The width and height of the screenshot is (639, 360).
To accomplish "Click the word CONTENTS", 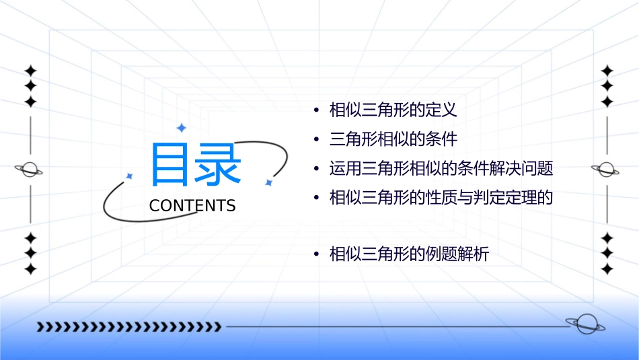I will point(192,206).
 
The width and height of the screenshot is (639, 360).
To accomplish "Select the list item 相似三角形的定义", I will point(393,110).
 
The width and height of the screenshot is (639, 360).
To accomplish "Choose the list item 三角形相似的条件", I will point(393,139).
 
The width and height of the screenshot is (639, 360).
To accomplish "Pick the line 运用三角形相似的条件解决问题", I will point(441,168).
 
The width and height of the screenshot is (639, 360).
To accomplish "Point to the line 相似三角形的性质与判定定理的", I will point(441,198).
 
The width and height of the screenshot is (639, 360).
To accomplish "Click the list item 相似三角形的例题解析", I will point(409,254).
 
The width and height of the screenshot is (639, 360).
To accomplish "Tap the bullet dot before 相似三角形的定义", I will point(315,110).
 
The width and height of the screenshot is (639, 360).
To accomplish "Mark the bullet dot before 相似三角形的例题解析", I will point(315,255).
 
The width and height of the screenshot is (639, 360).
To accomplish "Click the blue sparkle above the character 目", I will point(181,128).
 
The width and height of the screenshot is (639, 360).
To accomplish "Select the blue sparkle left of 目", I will point(129,176).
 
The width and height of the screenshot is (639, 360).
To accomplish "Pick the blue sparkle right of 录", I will point(268,182).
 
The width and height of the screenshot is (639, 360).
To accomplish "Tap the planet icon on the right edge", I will point(606,170).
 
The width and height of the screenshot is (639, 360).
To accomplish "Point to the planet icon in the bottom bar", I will point(585,325).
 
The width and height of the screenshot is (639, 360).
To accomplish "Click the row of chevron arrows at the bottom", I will point(128,327).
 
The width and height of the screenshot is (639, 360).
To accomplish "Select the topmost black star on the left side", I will point(30,71).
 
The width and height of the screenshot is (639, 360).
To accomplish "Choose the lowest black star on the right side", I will point(607,269).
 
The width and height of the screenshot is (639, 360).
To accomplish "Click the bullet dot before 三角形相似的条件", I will point(315,140).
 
